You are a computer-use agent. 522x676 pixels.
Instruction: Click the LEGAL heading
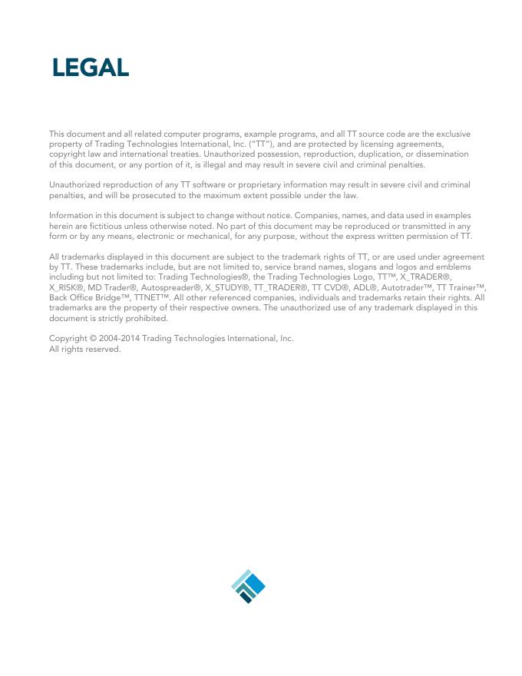pyautogui.click(x=91, y=68)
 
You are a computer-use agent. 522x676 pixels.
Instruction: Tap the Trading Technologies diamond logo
pyautogui.click(x=248, y=586)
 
